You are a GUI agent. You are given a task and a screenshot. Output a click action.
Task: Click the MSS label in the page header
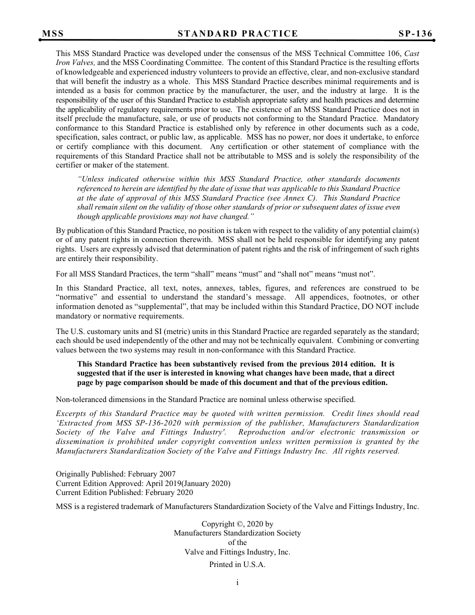click(53, 34)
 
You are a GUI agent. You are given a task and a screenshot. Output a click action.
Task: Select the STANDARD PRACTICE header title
click(237, 34)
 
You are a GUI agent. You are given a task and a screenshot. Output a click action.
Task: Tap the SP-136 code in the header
click(415, 34)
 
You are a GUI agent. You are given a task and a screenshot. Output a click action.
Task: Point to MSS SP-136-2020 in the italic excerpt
click(143, 423)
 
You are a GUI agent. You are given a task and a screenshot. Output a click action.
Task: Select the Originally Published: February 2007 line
click(115, 474)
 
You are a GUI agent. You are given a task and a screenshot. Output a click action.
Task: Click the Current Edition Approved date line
click(143, 483)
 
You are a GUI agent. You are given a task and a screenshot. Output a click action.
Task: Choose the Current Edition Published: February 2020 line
click(124, 492)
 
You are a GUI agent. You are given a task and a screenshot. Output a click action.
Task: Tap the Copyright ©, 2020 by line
click(237, 524)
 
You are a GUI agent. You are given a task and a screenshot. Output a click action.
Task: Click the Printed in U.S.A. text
click(237, 564)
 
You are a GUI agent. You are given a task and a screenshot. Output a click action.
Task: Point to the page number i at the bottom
click(237, 582)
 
